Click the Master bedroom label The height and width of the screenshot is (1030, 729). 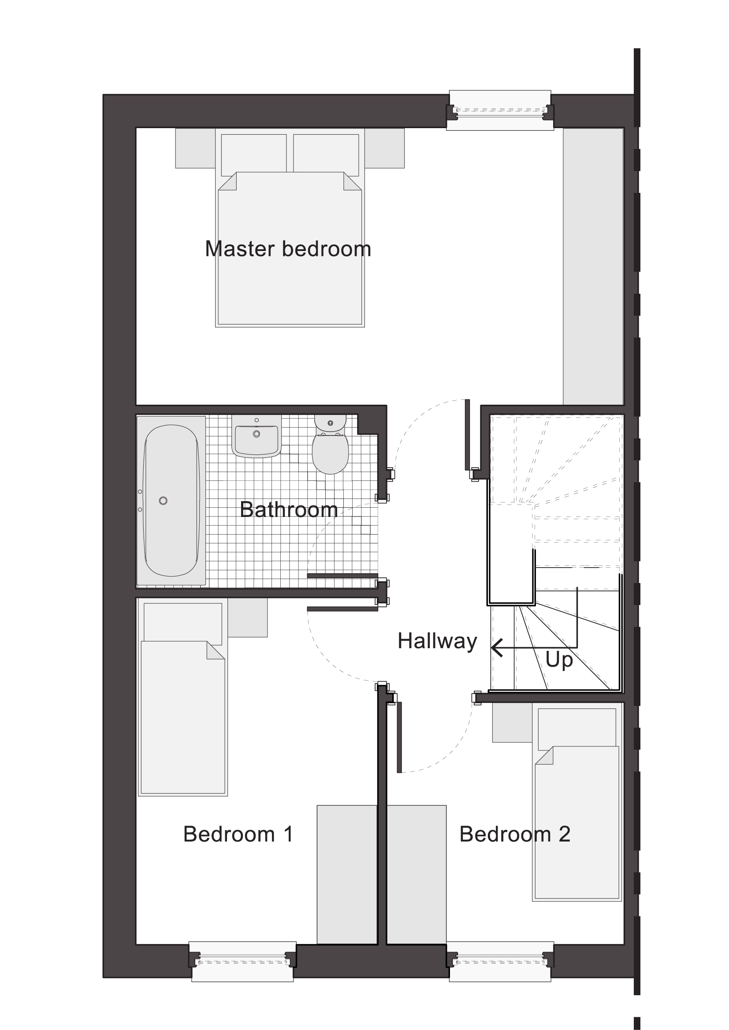click(288, 249)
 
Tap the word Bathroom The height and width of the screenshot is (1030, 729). click(289, 509)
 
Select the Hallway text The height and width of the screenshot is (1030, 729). click(437, 641)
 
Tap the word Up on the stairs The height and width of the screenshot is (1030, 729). click(559, 661)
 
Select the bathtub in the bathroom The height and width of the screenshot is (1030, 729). click(171, 500)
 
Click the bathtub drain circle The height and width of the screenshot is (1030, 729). click(163, 501)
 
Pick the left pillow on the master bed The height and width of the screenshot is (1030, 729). click(253, 155)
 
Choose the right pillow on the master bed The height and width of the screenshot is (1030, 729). click(326, 155)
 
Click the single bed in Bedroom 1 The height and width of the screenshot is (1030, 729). click(183, 697)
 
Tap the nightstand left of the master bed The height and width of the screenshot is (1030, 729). click(195, 148)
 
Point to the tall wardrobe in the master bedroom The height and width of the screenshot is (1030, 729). click(593, 266)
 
